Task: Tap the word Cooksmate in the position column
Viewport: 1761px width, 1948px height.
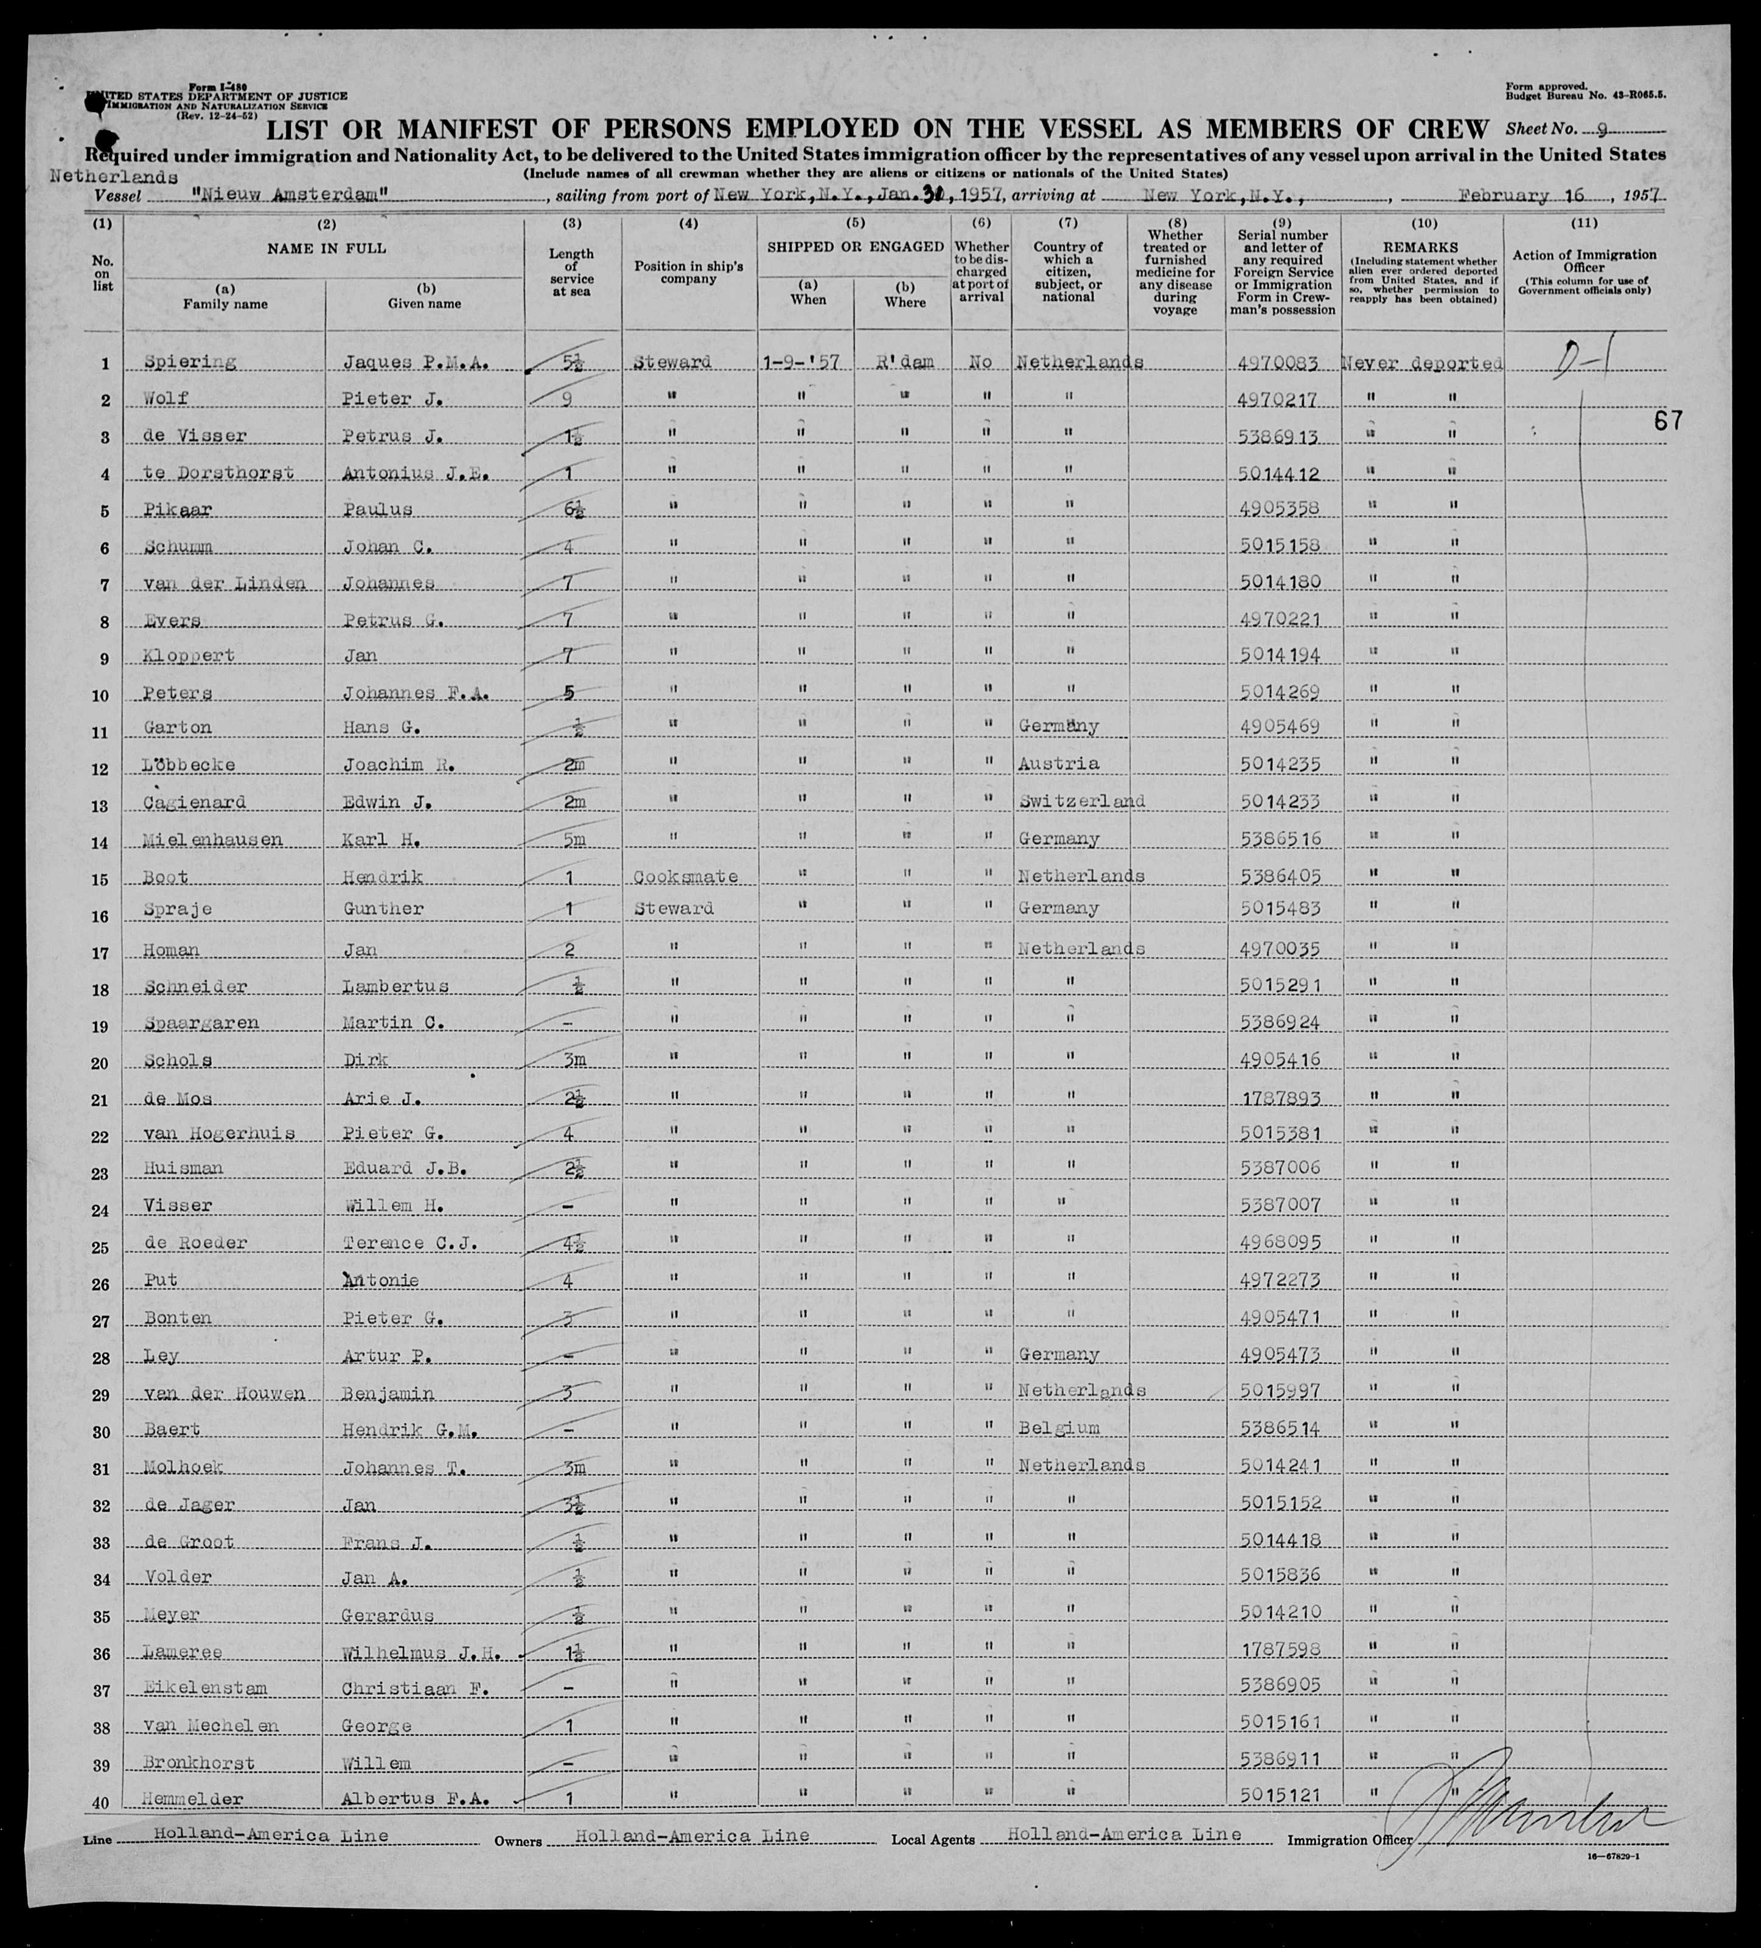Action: (685, 876)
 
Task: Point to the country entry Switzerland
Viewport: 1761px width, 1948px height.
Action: (1080, 801)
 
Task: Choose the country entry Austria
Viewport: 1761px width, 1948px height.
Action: (1058, 763)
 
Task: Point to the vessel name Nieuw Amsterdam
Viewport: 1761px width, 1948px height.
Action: (268, 196)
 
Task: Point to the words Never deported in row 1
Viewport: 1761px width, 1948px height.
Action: (1423, 363)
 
